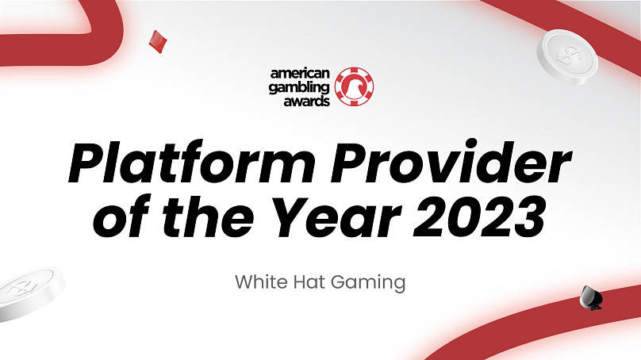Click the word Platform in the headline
(x=192, y=162)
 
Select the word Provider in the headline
(x=451, y=161)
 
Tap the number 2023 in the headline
(x=479, y=217)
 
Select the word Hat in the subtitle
(x=309, y=282)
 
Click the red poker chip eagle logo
(x=354, y=86)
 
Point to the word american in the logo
(x=300, y=74)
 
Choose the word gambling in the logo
(x=299, y=87)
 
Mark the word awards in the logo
(x=306, y=101)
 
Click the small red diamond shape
(x=158, y=42)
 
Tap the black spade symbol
(x=591, y=298)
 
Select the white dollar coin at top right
(x=567, y=57)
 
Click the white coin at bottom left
(x=31, y=293)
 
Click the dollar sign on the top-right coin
(x=568, y=54)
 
